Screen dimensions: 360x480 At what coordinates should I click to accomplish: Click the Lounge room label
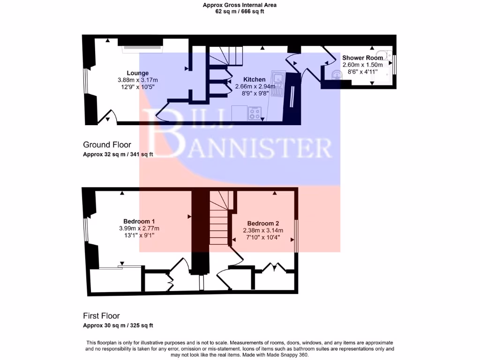pos(137,73)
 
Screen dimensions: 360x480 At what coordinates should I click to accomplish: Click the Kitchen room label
pos(254,80)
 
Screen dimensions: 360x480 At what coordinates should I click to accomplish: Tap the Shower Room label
pos(362,58)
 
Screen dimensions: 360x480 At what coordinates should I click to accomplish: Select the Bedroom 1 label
pos(139,221)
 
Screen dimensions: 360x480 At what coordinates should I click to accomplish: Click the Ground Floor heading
pos(107,145)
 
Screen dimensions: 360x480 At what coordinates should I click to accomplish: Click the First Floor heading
pos(101,316)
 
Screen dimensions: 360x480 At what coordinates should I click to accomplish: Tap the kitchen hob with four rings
pos(255,113)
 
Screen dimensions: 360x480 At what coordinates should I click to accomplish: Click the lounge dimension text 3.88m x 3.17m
pos(137,80)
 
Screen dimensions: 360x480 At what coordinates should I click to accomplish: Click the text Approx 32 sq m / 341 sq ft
pos(118,154)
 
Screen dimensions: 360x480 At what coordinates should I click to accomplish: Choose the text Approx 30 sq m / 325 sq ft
pos(118,325)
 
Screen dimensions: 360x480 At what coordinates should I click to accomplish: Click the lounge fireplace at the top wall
pos(141,46)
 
